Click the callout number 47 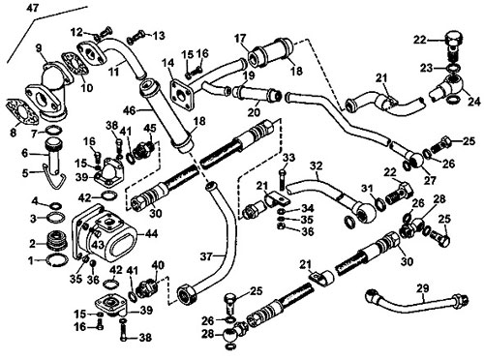point(33,7)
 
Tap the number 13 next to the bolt point(159,35)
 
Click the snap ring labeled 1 point(58,259)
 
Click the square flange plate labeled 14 point(181,94)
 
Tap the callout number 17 point(240,39)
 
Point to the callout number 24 point(474,102)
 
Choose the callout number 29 point(422,288)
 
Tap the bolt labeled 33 point(282,178)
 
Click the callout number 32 point(317,166)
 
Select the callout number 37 point(206,256)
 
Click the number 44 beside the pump point(150,233)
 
